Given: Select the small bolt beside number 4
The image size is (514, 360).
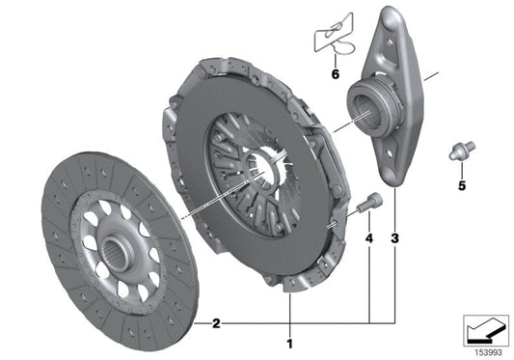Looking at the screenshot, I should [x=370, y=202].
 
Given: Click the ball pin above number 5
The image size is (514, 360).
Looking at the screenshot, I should [x=461, y=150].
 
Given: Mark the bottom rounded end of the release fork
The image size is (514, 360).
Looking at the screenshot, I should [x=392, y=171].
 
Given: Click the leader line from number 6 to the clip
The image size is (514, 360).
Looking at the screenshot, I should [x=335, y=58].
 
